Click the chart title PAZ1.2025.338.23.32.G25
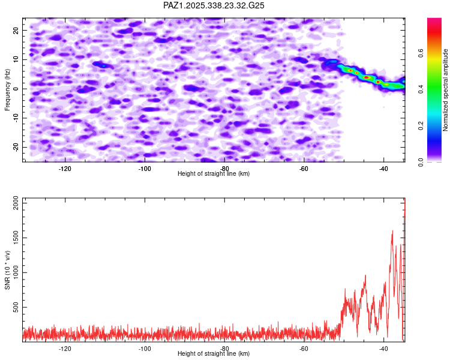(214, 5)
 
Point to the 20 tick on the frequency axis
(16, 30)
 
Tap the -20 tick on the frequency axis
(15, 147)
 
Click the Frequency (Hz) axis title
(7, 89)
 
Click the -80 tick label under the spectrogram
(224, 169)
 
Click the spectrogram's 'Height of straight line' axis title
(214, 173)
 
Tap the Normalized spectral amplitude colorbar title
(445, 90)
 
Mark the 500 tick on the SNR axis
(14, 307)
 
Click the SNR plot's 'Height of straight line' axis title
(214, 354)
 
